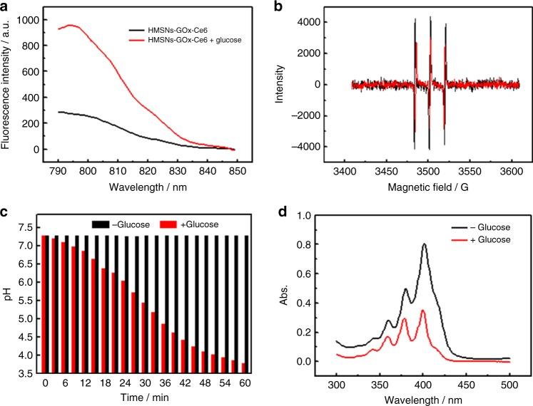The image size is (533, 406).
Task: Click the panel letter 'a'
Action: click(x=6, y=6)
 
